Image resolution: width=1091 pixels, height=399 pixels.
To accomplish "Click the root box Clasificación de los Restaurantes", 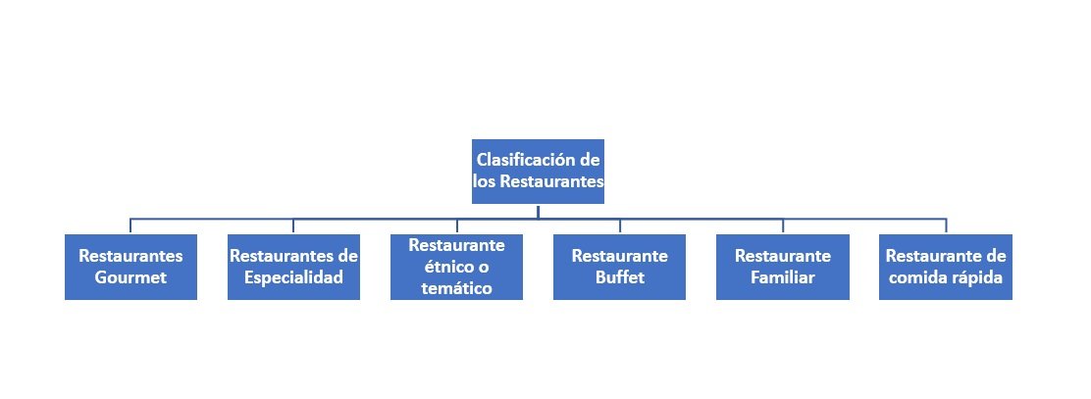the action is [x=538, y=171].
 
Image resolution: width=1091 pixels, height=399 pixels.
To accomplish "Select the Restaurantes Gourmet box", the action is [x=130, y=267].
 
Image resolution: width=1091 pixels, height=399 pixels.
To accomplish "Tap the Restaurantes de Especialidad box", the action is [x=293, y=267].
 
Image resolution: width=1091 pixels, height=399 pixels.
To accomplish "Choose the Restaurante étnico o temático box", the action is [x=456, y=267].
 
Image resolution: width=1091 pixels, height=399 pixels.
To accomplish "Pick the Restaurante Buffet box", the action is [x=619, y=267].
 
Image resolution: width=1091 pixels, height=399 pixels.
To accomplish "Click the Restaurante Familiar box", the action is [x=783, y=267].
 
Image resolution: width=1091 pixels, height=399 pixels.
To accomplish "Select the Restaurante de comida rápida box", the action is [x=946, y=267].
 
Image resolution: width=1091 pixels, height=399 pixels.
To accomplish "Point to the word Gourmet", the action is [x=130, y=278].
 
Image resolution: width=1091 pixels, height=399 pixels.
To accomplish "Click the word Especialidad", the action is [x=293, y=278].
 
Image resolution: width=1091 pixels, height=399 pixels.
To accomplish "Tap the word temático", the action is [x=456, y=288].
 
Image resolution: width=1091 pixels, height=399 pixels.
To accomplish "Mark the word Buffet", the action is [x=620, y=278].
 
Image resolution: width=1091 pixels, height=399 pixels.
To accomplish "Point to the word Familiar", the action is [x=783, y=278].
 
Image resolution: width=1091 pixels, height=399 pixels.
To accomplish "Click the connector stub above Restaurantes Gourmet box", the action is [x=130, y=226].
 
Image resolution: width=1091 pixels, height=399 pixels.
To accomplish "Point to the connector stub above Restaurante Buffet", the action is [x=620, y=226].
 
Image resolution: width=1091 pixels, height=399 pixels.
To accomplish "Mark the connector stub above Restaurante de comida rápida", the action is [x=946, y=226].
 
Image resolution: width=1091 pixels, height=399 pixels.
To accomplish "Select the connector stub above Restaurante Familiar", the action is [x=783, y=226].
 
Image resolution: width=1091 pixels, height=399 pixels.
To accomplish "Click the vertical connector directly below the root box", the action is [x=538, y=212].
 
